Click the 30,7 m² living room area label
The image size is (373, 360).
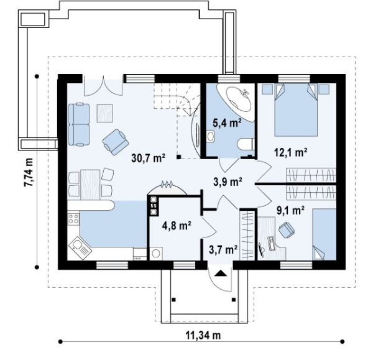pos(148,158)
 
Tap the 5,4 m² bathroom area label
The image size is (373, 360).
pos(227,123)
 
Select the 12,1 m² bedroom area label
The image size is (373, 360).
pos(290,152)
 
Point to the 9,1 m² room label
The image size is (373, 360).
pos(290,211)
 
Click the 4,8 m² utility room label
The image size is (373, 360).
pos(177,225)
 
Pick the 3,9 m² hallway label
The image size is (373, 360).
pos(228,182)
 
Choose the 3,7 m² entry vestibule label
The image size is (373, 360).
pos(223,250)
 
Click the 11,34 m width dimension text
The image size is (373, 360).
pos(203,335)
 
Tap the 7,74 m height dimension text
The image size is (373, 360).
pos(29,172)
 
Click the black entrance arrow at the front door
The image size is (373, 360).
pos(221,273)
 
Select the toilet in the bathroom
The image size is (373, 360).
pos(246,144)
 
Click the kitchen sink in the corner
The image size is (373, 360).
pos(80,248)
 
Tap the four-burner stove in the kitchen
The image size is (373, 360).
pos(73,219)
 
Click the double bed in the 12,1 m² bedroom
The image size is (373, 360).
pos(296,109)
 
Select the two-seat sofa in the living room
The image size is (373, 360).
pos(79,124)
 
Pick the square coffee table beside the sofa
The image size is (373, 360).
pos(104,114)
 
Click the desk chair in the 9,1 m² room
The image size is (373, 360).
pos(286,229)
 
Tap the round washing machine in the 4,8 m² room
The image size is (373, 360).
pos(156,254)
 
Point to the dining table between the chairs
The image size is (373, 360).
pos(90,185)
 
